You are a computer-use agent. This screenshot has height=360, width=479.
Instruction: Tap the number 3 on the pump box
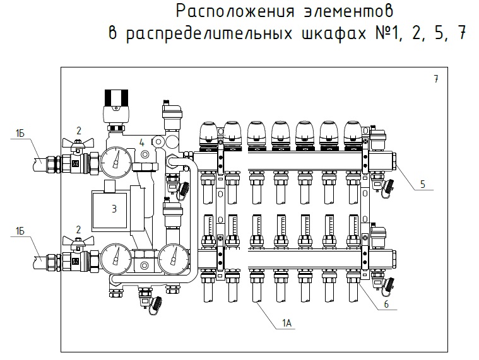click(114, 209)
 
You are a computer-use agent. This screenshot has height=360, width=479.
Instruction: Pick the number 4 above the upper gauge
click(142, 142)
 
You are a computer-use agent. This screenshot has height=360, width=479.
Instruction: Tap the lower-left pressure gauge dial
click(115, 258)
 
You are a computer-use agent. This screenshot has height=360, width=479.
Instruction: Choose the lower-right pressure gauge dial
click(171, 258)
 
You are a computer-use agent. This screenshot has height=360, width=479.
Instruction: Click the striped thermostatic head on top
click(116, 100)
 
